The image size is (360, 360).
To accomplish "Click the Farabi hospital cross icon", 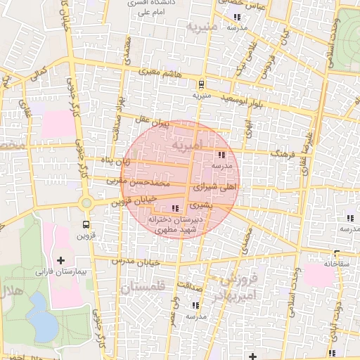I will click(61, 261).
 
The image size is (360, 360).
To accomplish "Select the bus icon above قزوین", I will click(86, 225).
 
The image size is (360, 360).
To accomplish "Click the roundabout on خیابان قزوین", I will click(86, 203).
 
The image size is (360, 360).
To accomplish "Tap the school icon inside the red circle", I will click(221, 155).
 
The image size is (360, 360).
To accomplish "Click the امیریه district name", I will click(210, 143).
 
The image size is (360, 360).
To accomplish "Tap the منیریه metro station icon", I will click(202, 83).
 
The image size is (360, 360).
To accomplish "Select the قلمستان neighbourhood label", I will click(141, 288).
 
